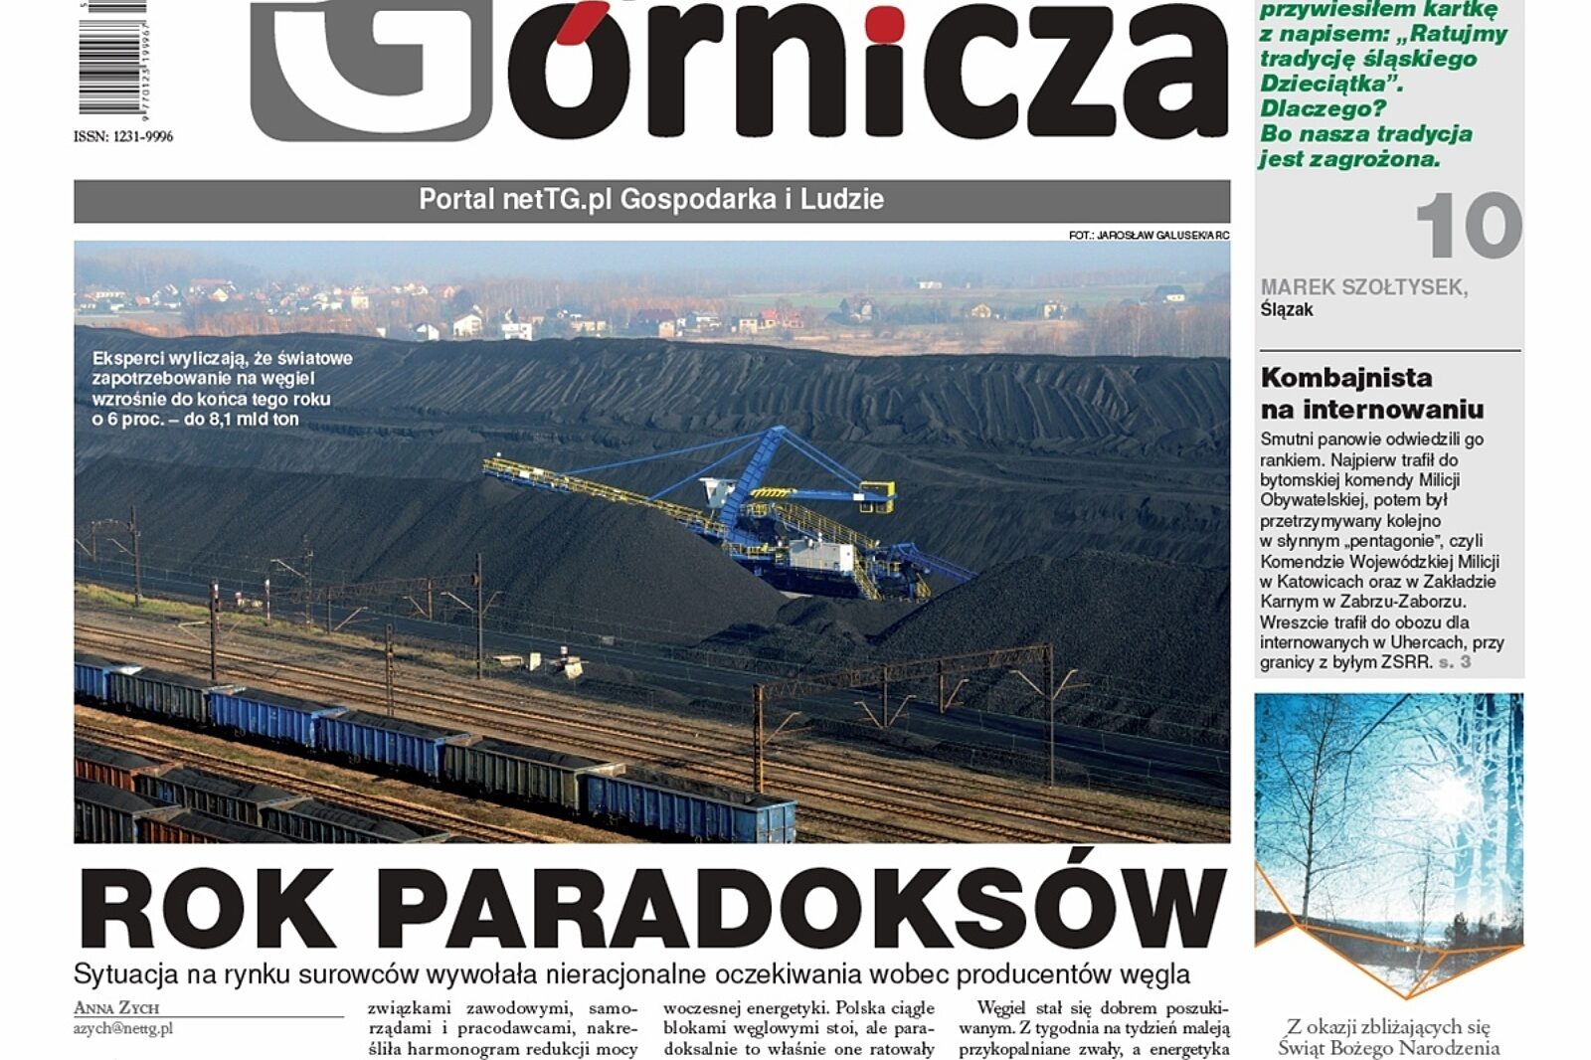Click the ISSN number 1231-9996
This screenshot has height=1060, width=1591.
pyautogui.click(x=123, y=136)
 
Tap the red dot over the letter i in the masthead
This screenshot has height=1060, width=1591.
pyautogui.click(x=883, y=24)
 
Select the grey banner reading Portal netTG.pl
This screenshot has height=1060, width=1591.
pyautogui.click(x=651, y=200)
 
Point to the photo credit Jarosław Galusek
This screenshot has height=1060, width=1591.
pyautogui.click(x=1149, y=236)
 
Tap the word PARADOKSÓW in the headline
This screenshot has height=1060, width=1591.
pyautogui.click(x=800, y=909)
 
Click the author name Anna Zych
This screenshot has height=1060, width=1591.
pyautogui.click(x=116, y=1008)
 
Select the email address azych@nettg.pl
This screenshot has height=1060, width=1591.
pyautogui.click(x=122, y=1028)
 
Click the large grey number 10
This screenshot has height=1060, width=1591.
pyautogui.click(x=1468, y=228)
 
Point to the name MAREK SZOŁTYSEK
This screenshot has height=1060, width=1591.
pyautogui.click(x=1363, y=287)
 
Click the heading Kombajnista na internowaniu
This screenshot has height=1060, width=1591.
pyautogui.click(x=1371, y=393)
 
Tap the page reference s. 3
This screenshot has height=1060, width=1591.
pyautogui.click(x=1455, y=662)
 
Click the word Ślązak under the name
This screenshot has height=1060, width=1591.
pyautogui.click(x=1287, y=310)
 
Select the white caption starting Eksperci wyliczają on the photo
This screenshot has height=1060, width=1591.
pyautogui.click(x=222, y=389)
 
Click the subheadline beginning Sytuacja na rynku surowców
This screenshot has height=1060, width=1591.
pyautogui.click(x=631, y=974)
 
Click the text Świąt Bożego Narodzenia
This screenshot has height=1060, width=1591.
pyautogui.click(x=1388, y=1048)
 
